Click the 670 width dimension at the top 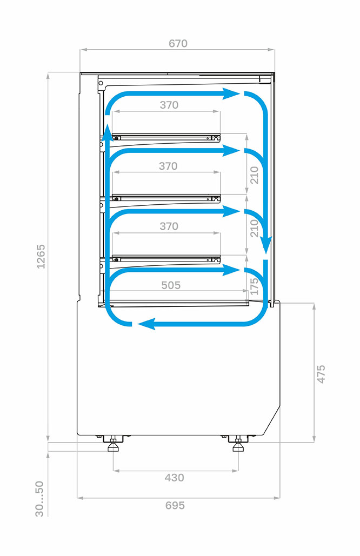pos(178,43)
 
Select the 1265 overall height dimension pos(41,256)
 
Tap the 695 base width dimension pos(175,505)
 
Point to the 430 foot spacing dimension pos(174,478)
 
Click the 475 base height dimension pos(321,374)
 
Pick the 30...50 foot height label pos(39,499)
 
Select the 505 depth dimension pos(171,285)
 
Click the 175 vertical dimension pos(254,286)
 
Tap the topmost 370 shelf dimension pos(169,105)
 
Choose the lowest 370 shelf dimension pos(169,226)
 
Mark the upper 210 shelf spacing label pos(254,175)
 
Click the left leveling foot pos(113,445)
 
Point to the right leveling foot pos(238,445)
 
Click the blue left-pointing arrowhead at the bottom pos(146,324)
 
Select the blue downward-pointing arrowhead pos(265,245)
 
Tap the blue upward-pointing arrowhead pos(107,132)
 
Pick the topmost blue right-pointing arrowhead pos(231,94)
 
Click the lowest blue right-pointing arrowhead pos(231,271)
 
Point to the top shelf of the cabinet pos(166,137)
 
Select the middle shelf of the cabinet pos(166,198)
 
